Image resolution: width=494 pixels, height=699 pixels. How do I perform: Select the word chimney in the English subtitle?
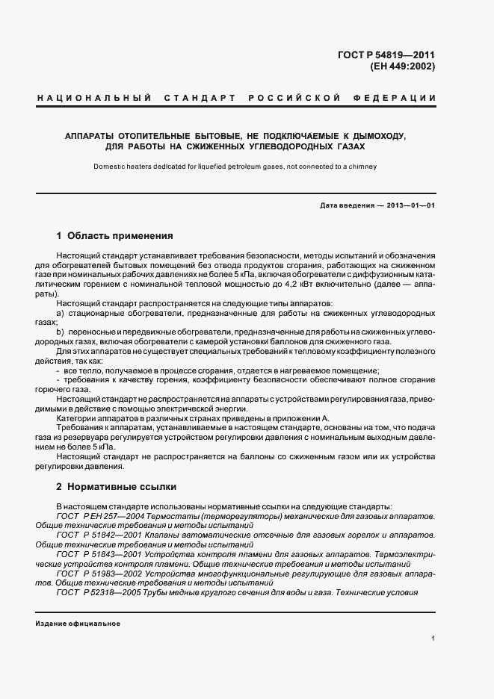click(x=362, y=167)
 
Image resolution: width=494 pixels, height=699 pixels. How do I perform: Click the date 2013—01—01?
click(x=410, y=205)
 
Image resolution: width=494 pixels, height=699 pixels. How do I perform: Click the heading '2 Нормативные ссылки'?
click(x=116, y=487)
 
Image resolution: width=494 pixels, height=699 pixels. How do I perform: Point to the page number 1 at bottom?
click(x=433, y=639)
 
